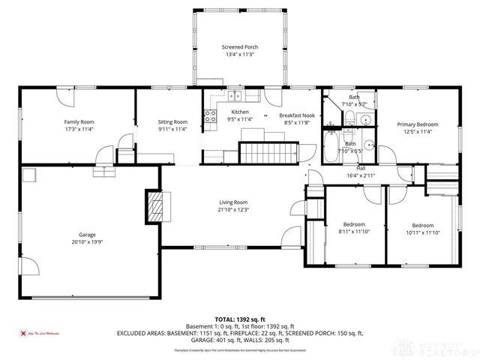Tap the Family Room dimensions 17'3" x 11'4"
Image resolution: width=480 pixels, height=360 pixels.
point(77,129)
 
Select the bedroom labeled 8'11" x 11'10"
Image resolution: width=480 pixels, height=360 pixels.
point(354,228)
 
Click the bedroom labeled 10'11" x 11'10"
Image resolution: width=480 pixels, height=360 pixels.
point(422,229)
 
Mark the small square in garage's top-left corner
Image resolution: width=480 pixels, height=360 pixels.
point(30,176)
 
